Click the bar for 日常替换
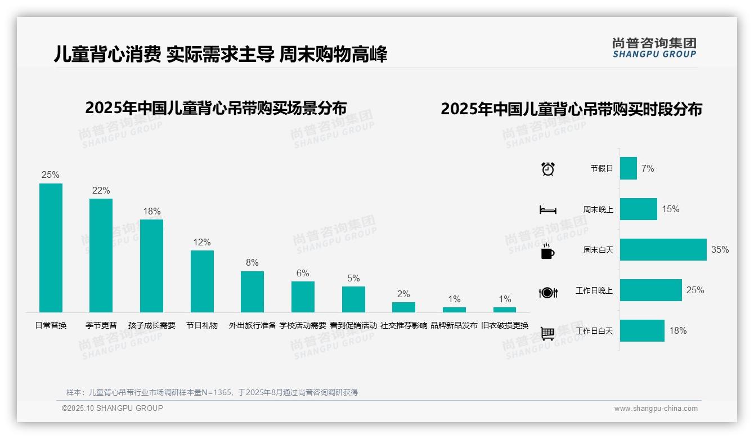point(51,248)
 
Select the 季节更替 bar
point(101,255)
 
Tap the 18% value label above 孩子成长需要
point(151,212)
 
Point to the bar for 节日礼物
point(202,281)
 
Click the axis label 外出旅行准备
point(252,325)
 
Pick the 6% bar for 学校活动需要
point(303,297)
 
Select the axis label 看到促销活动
point(353,325)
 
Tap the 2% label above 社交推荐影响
point(403,294)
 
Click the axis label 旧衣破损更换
point(505,325)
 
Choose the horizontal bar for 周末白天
point(663,249)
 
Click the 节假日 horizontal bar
point(628,168)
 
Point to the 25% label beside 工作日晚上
point(695,290)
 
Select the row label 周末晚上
point(598,209)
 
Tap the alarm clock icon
point(548,168)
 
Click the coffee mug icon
point(547,252)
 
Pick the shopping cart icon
point(547,333)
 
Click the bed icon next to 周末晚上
point(547,210)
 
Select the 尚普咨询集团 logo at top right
point(654,47)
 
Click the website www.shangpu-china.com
point(656,409)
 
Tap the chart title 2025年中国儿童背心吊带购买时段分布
point(571,109)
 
